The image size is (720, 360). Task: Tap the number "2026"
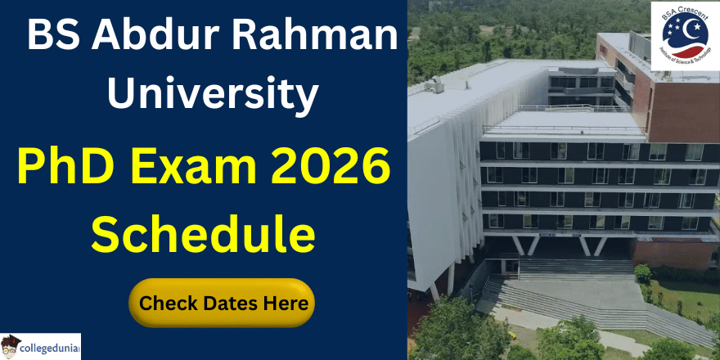coord(331,169)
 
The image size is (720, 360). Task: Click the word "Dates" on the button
coord(225,303)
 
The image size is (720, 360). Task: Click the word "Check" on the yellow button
coord(166,303)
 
